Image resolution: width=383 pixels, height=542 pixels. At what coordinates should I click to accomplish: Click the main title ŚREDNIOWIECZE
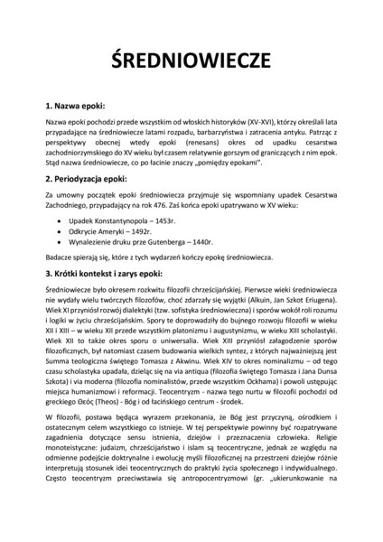click(x=191, y=60)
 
